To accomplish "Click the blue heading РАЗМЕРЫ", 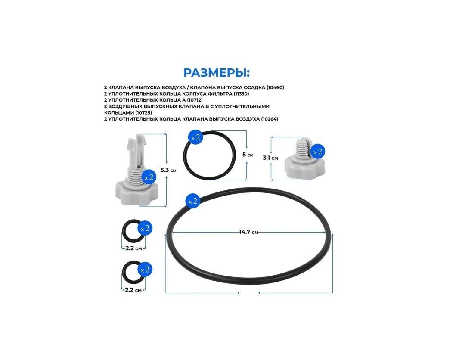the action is (216, 73).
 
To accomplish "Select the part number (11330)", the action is (241, 93).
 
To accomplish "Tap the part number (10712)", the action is (195, 100).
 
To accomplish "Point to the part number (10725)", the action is (143, 112).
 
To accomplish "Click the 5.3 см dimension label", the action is (168, 170).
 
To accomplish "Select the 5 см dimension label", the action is (248, 155).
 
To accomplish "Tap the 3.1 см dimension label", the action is (270, 158).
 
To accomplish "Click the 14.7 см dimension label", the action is (248, 232).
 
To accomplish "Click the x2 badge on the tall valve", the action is (149, 177).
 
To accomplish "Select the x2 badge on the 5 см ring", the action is (195, 137).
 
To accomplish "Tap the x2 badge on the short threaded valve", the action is (318, 152).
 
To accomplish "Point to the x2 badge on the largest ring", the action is (193, 201).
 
